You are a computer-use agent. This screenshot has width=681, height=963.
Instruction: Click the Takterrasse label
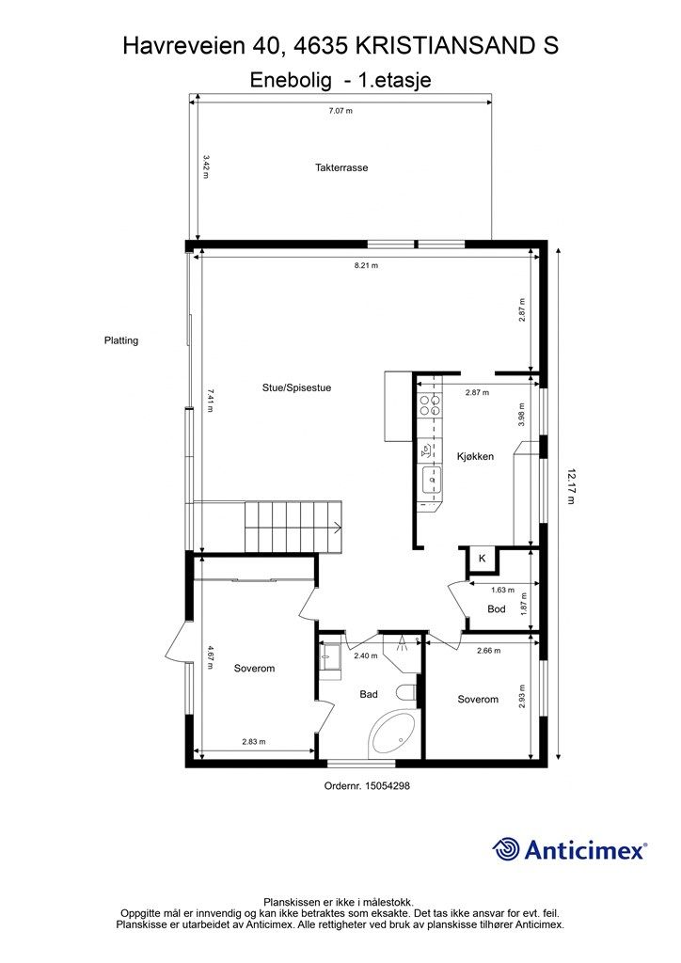pos(341,167)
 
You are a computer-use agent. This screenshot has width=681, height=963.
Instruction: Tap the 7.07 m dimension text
pos(340,111)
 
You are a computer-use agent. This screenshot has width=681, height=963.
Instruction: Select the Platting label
pos(121,340)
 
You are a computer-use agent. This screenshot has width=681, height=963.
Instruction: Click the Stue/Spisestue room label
pos(296,387)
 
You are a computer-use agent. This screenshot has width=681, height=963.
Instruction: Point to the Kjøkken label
pos(475,456)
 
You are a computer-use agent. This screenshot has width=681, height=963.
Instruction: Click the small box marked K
pos(483,559)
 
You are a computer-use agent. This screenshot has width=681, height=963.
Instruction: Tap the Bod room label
pos(497,609)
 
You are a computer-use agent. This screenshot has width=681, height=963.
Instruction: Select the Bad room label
pos(369,694)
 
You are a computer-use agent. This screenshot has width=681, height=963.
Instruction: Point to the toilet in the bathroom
pos(406,694)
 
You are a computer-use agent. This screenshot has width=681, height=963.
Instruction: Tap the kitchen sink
pos(432,481)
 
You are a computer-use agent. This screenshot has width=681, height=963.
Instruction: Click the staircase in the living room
pos(293,528)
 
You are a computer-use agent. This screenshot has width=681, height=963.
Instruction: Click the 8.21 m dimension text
pos(366,266)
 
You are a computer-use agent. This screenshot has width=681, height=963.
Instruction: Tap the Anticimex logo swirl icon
pos(507,849)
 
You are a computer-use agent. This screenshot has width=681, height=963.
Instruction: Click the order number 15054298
pos(388,785)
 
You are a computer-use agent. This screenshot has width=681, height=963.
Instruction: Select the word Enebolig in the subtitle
pos(291,81)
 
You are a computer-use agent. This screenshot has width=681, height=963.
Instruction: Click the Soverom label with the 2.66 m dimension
pos(478,699)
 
